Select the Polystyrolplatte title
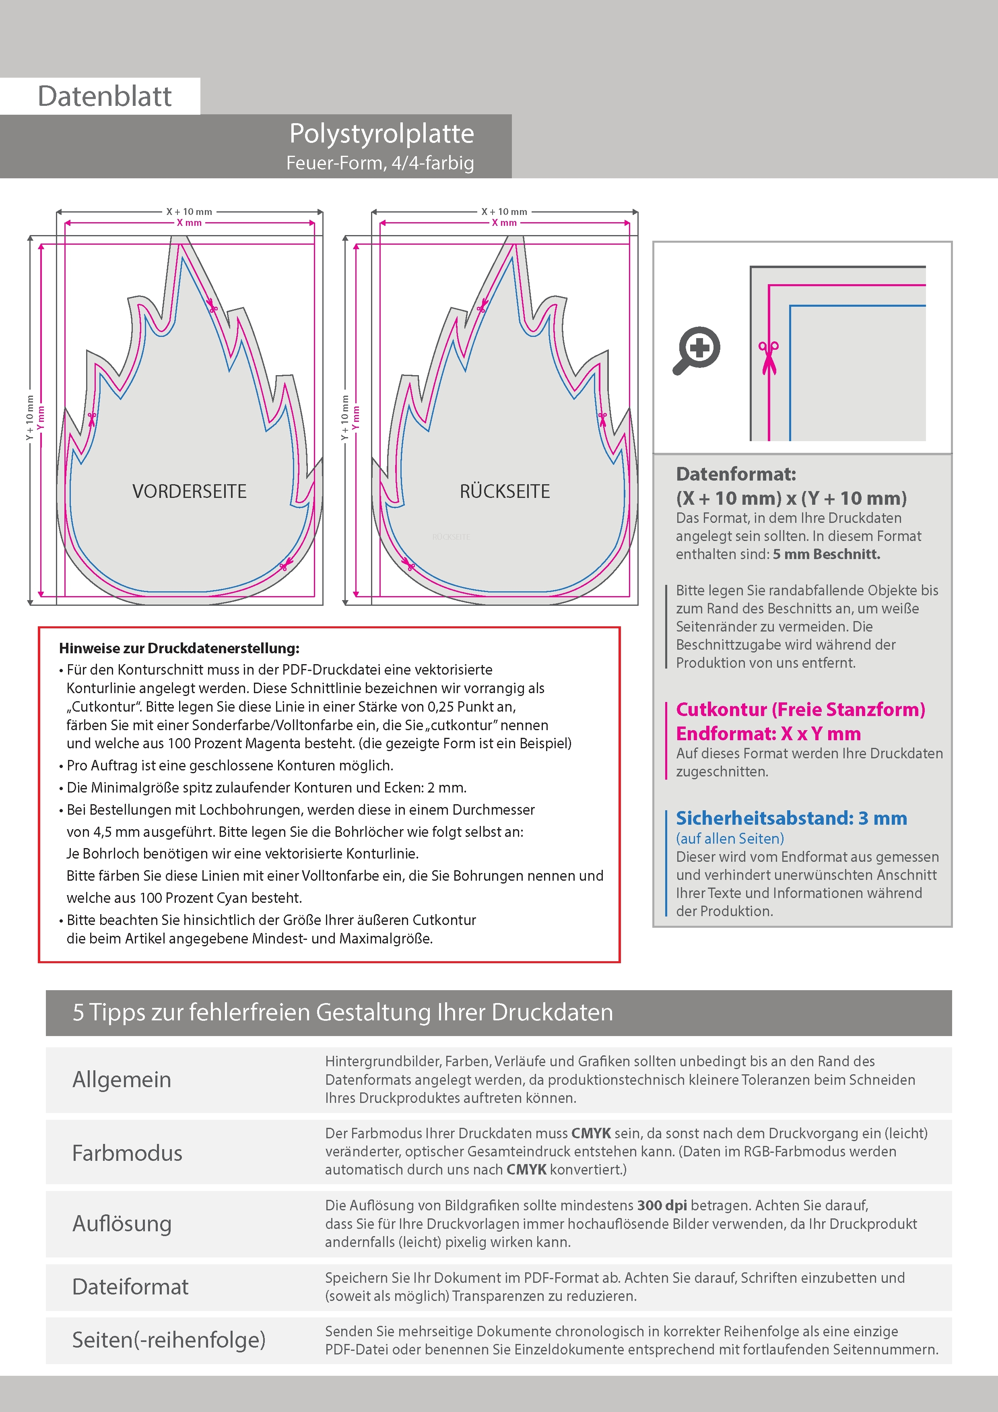(x=381, y=134)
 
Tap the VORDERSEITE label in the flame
(x=190, y=491)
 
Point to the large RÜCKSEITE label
(x=505, y=491)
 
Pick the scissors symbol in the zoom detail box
(x=768, y=357)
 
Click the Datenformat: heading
(x=736, y=474)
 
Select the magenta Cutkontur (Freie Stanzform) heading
(x=800, y=710)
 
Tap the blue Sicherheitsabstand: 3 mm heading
(x=791, y=819)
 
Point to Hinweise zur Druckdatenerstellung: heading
(x=179, y=648)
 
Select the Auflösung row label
(x=122, y=1223)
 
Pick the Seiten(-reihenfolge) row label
(x=169, y=1340)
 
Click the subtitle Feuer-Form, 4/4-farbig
(x=380, y=163)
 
